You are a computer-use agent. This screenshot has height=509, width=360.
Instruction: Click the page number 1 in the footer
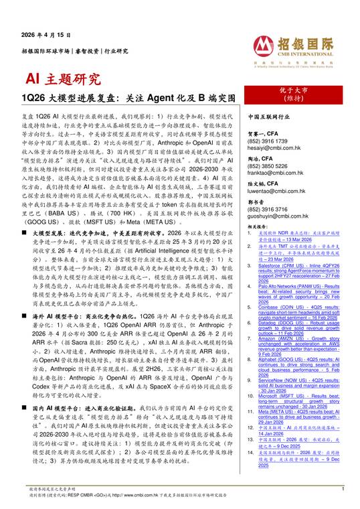click(x=342, y=490)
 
